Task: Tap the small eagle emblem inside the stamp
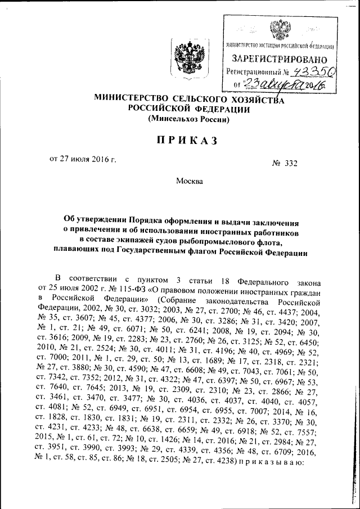click(x=280, y=28)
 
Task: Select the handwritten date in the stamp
click(x=286, y=85)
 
